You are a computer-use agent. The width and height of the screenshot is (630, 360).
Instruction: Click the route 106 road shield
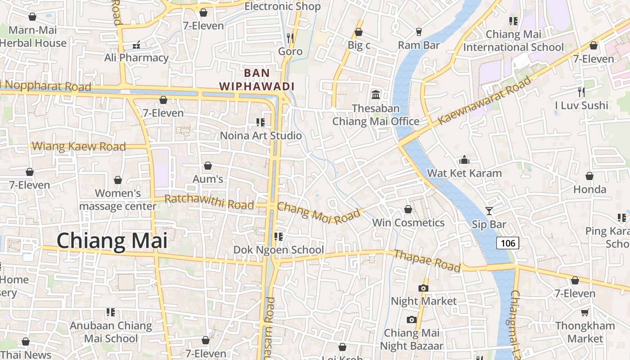tap(508, 243)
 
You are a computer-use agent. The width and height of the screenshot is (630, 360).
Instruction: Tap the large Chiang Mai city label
tap(112, 241)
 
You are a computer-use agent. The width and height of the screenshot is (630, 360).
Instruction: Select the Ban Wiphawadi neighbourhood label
tap(256, 79)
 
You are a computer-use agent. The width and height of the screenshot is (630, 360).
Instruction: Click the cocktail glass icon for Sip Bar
tap(489, 211)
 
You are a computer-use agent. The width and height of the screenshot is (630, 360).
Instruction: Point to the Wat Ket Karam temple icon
tap(464, 160)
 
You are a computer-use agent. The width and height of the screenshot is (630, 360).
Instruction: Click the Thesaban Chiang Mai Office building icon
tap(376, 94)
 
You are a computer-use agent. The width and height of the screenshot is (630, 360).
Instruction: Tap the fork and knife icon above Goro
tap(290, 38)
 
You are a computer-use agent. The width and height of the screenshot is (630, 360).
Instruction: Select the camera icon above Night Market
tap(423, 288)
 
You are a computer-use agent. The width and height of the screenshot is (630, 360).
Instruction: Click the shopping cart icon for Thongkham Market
tap(585, 312)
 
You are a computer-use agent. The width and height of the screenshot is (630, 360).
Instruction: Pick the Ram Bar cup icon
tap(419, 31)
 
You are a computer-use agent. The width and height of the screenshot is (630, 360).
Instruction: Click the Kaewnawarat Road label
tap(484, 101)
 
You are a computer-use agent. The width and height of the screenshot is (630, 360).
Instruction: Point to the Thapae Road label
tap(427, 261)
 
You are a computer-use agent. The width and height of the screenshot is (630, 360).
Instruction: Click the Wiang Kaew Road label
tap(79, 146)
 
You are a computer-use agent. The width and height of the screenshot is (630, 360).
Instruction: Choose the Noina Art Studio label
tap(261, 135)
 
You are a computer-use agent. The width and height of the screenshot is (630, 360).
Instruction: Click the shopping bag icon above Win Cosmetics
tap(408, 209)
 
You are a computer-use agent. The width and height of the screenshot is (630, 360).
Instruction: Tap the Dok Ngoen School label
tap(278, 250)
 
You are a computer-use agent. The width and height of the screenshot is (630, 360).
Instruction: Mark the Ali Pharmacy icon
tap(136, 45)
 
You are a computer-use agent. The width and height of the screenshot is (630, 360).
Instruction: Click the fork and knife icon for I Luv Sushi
tap(581, 92)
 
